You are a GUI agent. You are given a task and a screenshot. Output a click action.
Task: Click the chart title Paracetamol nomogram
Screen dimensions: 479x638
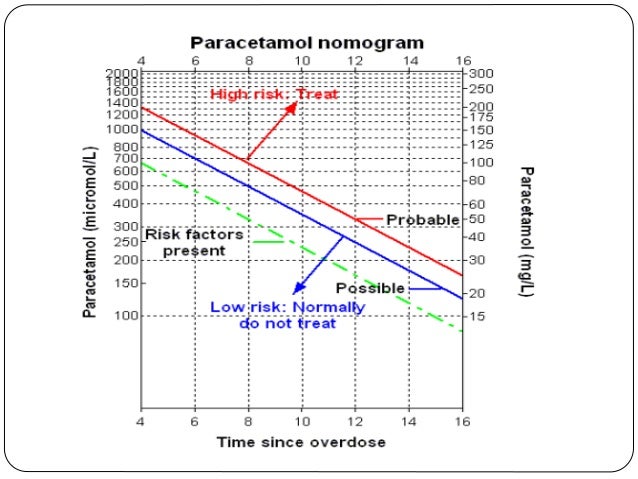tap(307, 43)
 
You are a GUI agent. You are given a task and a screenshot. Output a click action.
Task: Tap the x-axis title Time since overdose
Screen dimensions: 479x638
tap(301, 441)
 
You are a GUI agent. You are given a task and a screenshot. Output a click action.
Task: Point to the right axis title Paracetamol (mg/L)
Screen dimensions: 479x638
tap(526, 231)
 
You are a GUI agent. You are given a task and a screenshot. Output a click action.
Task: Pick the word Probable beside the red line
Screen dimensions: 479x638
tap(422, 220)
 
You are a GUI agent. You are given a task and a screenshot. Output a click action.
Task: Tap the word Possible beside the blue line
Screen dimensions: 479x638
tap(377, 288)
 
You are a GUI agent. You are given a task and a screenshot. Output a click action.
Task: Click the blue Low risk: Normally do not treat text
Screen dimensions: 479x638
tap(287, 315)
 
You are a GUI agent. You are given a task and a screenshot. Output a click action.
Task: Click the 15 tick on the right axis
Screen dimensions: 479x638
tap(477, 316)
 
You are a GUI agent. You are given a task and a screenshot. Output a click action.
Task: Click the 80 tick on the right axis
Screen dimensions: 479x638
tap(477, 181)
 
